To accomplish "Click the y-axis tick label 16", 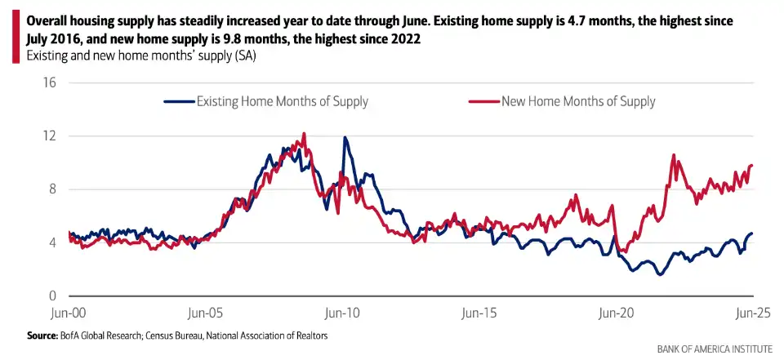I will pyautogui.click(x=49, y=82).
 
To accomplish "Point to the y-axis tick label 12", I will pyautogui.click(x=49, y=136).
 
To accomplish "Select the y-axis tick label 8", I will pyautogui.click(x=51, y=189).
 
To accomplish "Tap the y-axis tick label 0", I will pyautogui.click(x=51, y=296).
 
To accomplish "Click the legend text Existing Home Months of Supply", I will pyautogui.click(x=282, y=102).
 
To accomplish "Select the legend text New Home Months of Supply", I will pyautogui.click(x=578, y=102).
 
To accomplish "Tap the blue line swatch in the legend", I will pyautogui.click(x=179, y=102).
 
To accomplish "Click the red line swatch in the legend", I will pyautogui.click(x=483, y=102).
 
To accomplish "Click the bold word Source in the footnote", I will pyautogui.click(x=42, y=336).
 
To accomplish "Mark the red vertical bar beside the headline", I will pyautogui.click(x=16, y=38).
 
